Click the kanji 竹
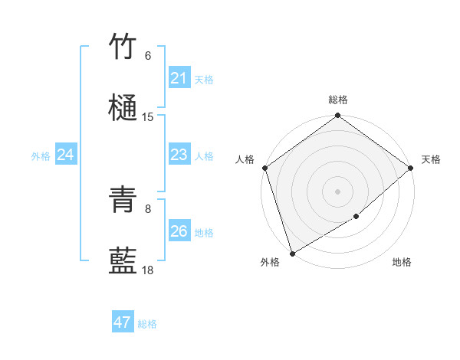pos(123,47)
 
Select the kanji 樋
pos(123,107)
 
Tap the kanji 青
pos(123,201)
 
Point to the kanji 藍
pos(123,261)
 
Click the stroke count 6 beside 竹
pos(148,56)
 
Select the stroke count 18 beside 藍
pos(148,270)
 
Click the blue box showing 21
pos(179,78)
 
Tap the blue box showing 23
pos(179,155)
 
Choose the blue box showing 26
pos(179,231)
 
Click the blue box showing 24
pos(65,155)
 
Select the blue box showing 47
pos(122,322)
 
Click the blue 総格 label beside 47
pos(147,324)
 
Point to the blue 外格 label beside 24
pos(41,156)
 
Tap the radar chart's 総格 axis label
pos(338,100)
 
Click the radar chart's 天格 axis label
pos(431,159)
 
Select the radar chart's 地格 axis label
pos(402,262)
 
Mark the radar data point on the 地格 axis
pos(356,217)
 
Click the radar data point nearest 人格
pos(264,168)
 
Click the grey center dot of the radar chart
pos(338,191)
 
